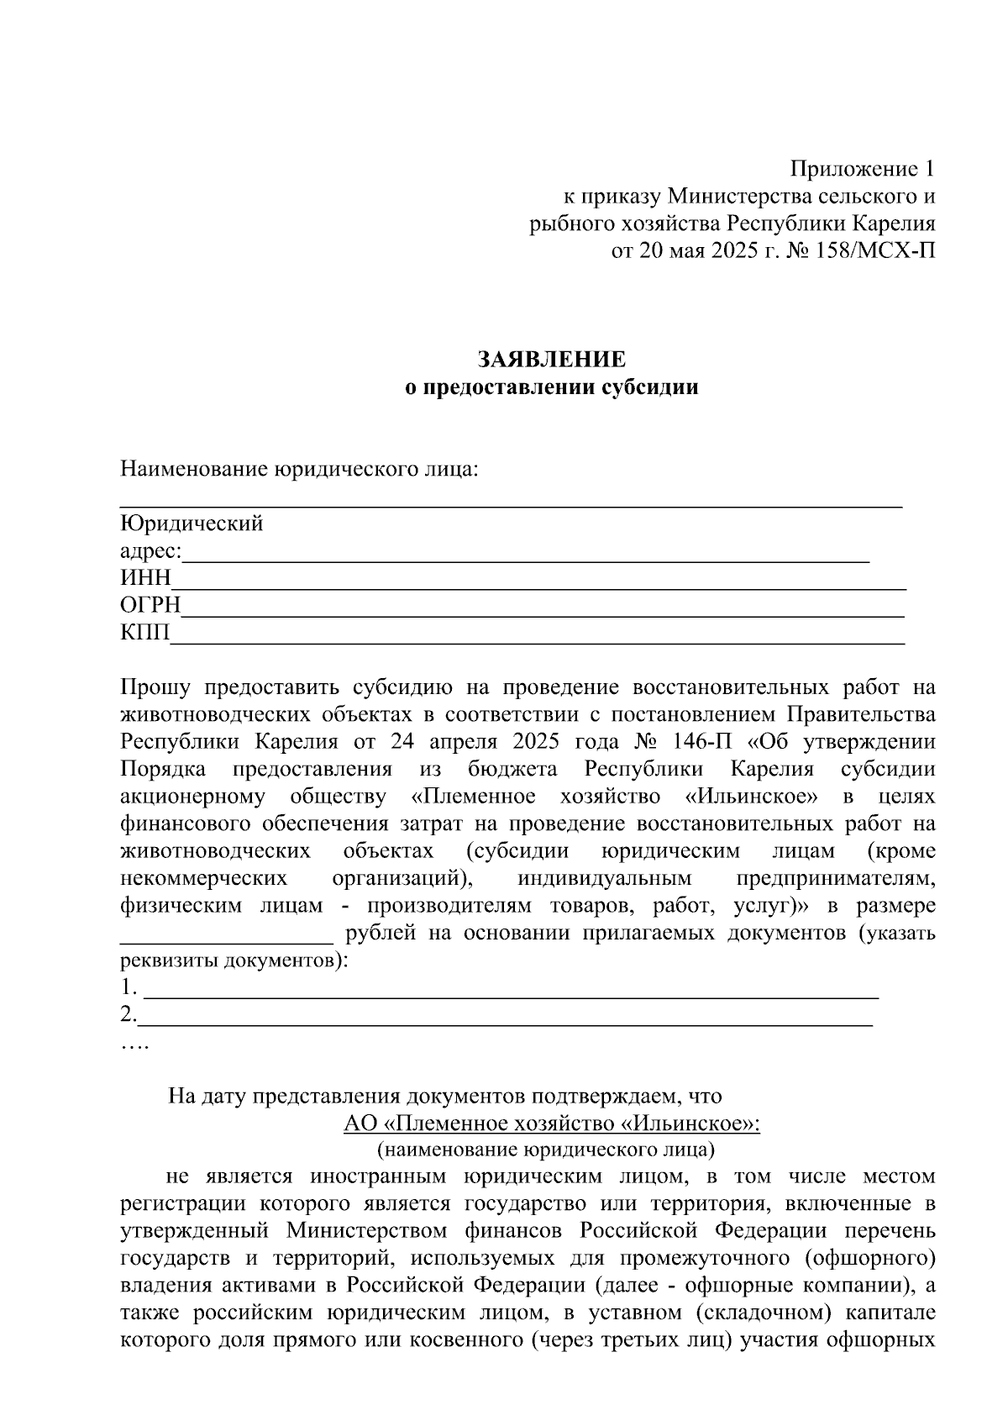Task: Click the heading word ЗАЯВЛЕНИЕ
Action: (552, 360)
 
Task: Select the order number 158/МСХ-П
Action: (869, 250)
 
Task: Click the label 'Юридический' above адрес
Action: (192, 524)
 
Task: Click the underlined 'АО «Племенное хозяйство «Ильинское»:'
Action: (552, 1123)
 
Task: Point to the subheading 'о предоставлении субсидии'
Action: (552, 387)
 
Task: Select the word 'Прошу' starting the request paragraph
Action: (157, 687)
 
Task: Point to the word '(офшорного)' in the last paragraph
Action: (879, 1258)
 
